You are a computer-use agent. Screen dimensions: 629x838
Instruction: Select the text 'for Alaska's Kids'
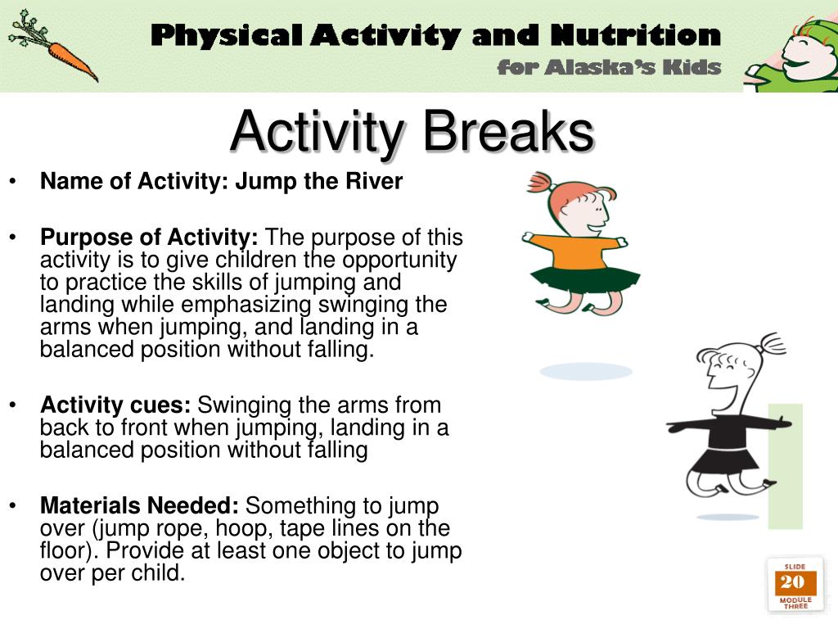tap(609, 67)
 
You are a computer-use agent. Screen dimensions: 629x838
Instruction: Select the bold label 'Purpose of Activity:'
tap(150, 238)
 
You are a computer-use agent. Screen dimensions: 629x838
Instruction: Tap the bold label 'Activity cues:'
tap(115, 405)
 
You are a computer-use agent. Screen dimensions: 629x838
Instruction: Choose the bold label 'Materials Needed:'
tap(140, 506)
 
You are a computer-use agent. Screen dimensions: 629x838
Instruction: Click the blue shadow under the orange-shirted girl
tap(586, 371)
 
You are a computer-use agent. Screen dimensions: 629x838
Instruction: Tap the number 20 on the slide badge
tap(792, 582)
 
